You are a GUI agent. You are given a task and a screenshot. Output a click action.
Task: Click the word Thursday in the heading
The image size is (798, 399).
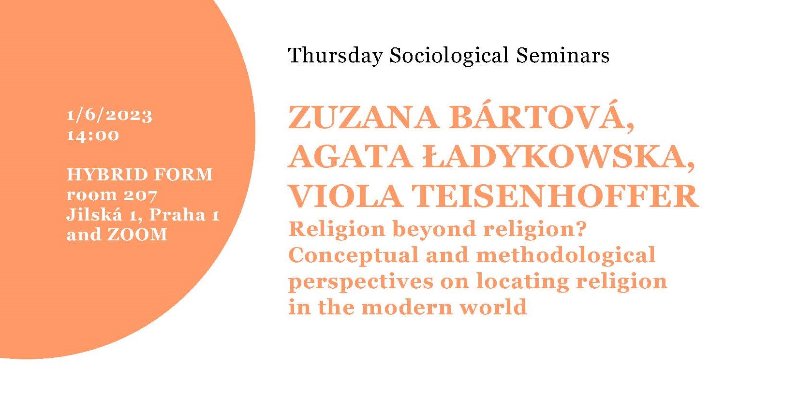click(335, 56)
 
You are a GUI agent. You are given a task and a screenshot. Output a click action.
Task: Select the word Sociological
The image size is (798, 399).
click(449, 56)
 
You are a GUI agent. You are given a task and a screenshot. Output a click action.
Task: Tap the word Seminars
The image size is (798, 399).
click(563, 56)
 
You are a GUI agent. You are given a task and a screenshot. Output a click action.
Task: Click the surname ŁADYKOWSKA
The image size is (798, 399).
click(559, 158)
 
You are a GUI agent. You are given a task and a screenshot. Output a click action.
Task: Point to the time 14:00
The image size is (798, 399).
click(93, 135)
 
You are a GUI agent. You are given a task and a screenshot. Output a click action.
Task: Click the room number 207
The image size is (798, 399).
click(140, 195)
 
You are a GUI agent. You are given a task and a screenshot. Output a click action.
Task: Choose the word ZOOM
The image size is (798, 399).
click(137, 235)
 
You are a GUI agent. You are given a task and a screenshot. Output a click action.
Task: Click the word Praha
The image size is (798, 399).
click(177, 215)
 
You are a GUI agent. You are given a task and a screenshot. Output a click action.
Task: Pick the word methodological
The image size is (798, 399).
click(565, 255)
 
